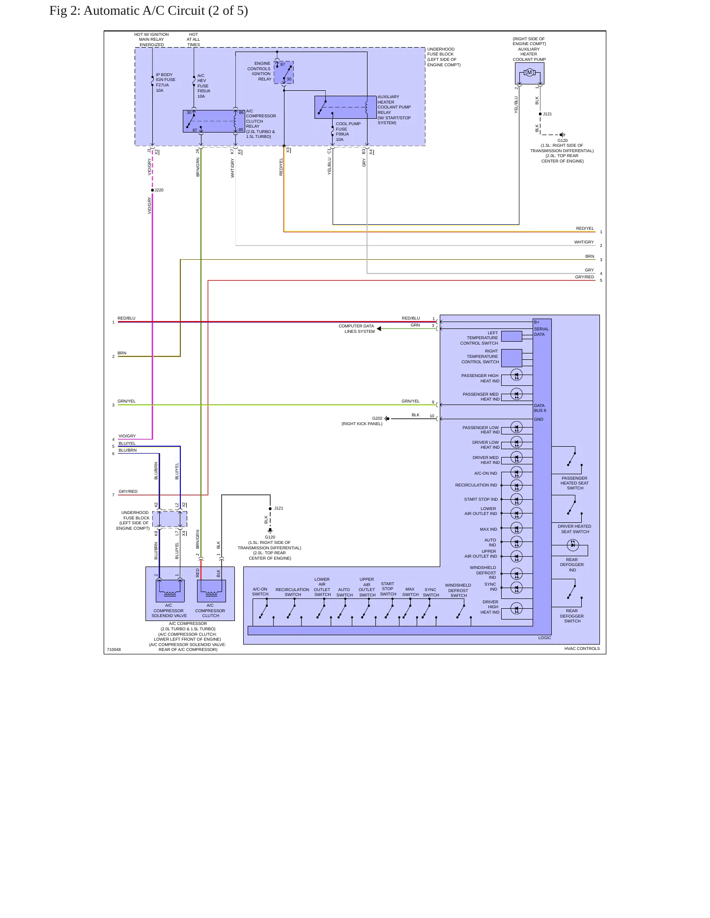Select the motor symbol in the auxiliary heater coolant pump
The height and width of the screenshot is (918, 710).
point(529,73)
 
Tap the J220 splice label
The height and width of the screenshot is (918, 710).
point(159,190)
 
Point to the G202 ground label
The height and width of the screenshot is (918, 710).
point(377,419)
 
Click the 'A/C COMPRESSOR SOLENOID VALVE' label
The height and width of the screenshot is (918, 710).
point(169,611)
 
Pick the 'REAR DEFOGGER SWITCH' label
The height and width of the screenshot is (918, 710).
point(572,616)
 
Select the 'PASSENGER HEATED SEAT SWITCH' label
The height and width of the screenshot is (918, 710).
point(574,483)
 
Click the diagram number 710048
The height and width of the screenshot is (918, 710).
point(114,649)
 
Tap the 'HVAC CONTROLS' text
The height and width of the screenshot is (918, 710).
point(582,648)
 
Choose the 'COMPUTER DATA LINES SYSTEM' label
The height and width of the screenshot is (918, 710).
point(357,329)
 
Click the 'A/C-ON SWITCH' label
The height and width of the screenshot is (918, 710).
point(260,592)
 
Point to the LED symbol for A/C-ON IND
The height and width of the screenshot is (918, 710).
point(516,473)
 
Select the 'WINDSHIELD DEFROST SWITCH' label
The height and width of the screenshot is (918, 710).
point(458,591)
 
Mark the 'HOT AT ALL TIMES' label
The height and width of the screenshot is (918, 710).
point(194,40)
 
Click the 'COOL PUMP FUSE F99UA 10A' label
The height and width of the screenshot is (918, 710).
point(348,132)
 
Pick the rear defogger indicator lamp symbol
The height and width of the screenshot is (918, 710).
point(572,544)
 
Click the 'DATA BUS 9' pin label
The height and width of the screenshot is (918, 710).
point(540,408)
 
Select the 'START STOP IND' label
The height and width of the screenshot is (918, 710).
point(481,499)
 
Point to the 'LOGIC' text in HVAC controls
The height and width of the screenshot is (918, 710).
point(544,638)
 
